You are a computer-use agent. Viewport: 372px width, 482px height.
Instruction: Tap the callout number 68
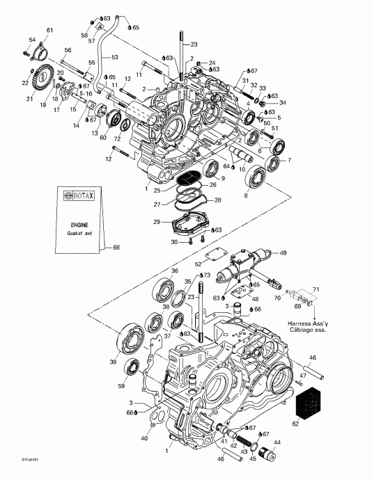[x=116, y=247]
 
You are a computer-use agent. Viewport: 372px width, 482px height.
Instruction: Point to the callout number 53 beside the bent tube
[x=115, y=57]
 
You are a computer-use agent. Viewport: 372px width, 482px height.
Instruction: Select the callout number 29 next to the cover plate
[x=158, y=220]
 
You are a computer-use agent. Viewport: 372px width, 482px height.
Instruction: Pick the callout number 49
[x=282, y=252]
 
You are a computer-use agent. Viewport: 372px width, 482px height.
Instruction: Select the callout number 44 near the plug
[x=277, y=442]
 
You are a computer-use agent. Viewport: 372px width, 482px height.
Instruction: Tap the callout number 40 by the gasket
[x=144, y=438]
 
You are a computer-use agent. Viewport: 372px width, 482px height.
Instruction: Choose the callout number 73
[x=208, y=275]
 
